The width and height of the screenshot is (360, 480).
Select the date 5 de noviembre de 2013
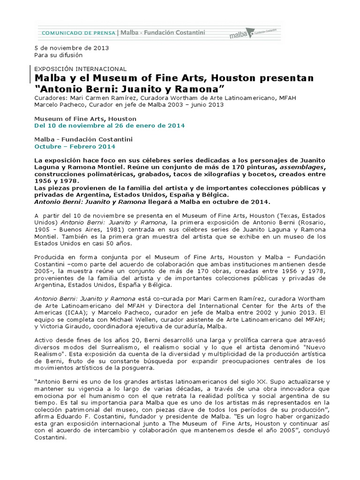pos(72,48)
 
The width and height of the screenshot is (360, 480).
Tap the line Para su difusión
pos(59,55)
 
